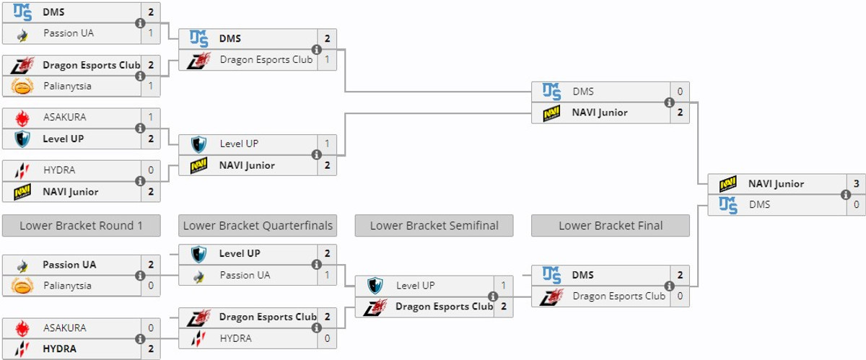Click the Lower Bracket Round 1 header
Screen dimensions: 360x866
tap(81, 226)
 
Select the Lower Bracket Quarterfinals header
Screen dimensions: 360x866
tap(258, 226)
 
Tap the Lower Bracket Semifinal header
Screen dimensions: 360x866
tap(434, 226)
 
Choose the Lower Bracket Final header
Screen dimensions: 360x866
tap(610, 226)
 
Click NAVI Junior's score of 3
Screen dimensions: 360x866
tap(856, 184)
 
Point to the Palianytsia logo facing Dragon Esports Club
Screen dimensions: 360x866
tap(22, 87)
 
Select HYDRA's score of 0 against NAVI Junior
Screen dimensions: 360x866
tap(150, 170)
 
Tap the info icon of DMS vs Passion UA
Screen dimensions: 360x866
tap(140, 23)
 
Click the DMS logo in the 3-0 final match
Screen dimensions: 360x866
tap(728, 205)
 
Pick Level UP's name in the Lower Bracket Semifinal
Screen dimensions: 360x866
tap(415, 286)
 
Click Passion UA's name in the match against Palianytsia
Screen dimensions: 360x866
tap(69, 265)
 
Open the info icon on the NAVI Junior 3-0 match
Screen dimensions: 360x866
tap(846, 195)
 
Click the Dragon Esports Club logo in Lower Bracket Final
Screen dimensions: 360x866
tap(552, 296)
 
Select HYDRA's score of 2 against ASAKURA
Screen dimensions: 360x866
tap(150, 348)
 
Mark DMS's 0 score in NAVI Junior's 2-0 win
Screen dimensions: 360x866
tap(679, 92)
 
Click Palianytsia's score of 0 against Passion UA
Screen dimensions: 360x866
tap(150, 286)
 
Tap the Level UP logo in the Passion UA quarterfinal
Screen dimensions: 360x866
tap(198, 254)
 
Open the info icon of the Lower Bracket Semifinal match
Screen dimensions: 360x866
tap(493, 297)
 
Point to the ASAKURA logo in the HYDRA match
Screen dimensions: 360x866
tap(22, 328)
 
